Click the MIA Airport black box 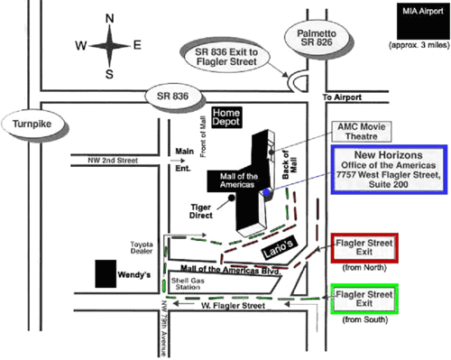(x=422, y=21)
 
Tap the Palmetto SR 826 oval (x=317, y=38)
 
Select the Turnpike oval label (x=32, y=124)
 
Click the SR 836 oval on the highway (x=172, y=97)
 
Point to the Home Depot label (x=226, y=117)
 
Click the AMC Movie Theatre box (x=362, y=132)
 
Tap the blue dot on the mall (x=266, y=192)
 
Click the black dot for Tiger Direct (x=232, y=198)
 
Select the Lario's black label (x=279, y=248)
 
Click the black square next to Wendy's (x=106, y=273)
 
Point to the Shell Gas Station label (x=188, y=284)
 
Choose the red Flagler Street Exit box (x=364, y=248)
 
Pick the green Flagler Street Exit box (x=364, y=299)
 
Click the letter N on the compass (x=110, y=19)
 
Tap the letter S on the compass (x=109, y=74)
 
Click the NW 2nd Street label (x=113, y=161)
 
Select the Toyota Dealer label (x=142, y=247)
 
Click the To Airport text (x=342, y=97)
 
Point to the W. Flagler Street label (x=234, y=306)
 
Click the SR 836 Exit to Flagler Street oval (x=226, y=57)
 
